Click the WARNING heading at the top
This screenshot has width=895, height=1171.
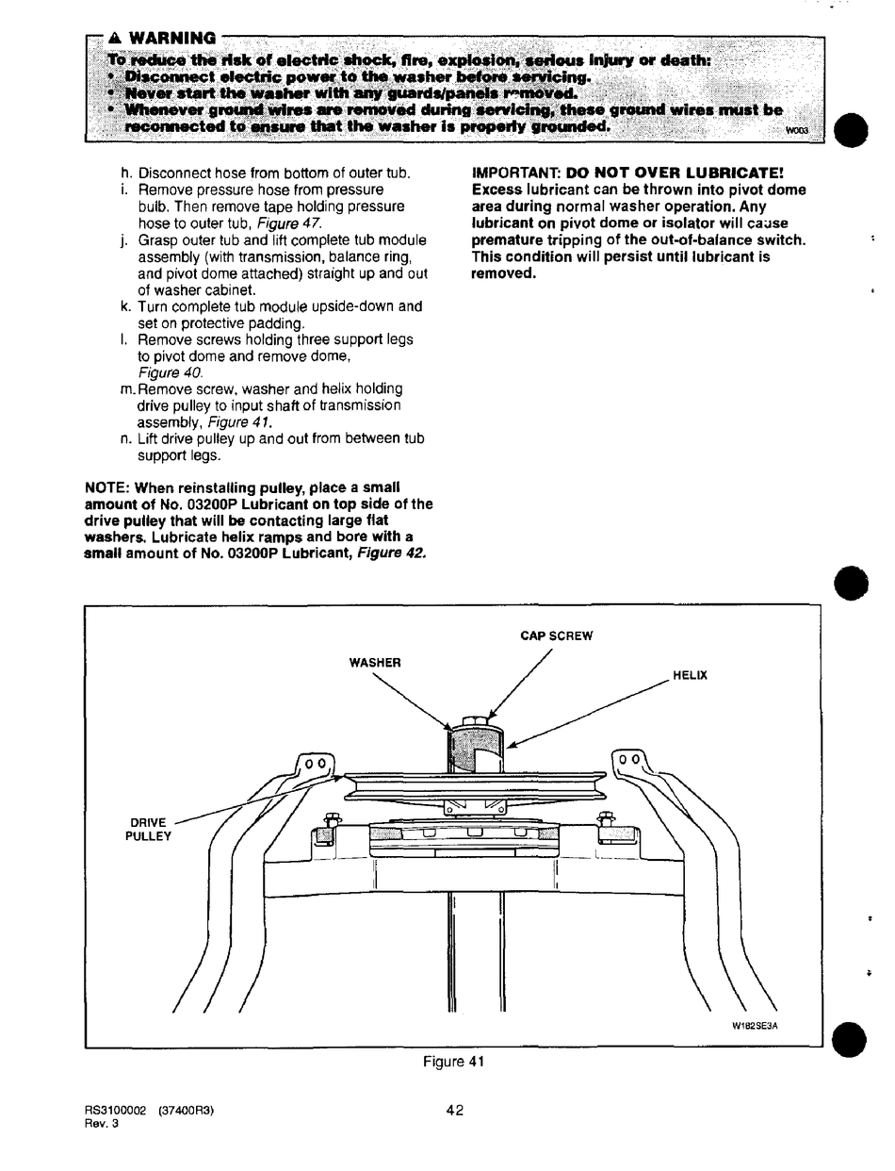(169, 39)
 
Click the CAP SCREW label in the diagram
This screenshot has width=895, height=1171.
(556, 636)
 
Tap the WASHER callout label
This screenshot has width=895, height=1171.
(375, 663)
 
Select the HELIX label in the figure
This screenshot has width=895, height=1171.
(690, 676)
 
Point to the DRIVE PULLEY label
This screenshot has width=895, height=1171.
(149, 830)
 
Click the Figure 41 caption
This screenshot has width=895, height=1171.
(453, 1063)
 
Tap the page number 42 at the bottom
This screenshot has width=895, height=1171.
(455, 1111)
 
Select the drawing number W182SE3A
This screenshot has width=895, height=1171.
(755, 1028)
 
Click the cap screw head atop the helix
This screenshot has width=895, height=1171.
(475, 720)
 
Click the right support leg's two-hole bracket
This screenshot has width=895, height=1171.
(631, 760)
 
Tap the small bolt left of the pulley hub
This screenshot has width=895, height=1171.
(330, 820)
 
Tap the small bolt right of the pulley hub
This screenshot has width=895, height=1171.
(606, 819)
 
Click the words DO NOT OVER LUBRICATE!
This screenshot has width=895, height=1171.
(675, 173)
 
